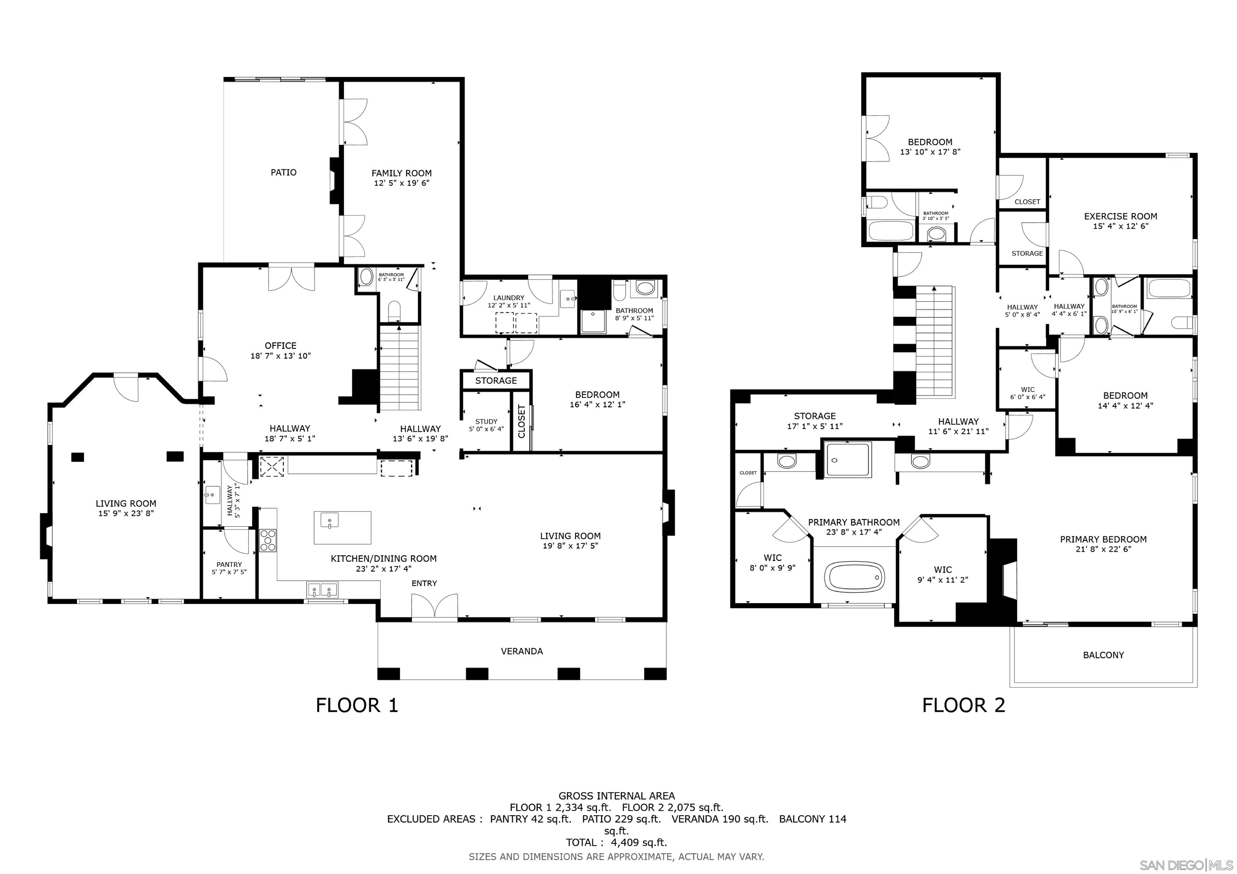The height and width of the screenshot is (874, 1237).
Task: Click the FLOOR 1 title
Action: pos(357,705)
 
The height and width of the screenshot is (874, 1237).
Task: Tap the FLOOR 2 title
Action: pos(963,705)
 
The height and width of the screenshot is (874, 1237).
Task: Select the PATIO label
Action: pos(283,172)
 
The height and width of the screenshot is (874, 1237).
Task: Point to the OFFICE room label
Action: pos(280,350)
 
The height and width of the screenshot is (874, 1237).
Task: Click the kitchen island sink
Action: pos(329,521)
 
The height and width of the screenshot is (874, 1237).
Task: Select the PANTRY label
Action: pos(229,568)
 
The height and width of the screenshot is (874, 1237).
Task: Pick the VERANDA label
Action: pos(521,651)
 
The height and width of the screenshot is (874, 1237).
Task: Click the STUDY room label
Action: pos(486,425)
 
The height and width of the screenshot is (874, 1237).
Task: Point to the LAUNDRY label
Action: pos(509,301)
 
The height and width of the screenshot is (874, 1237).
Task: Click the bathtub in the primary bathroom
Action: pos(856,577)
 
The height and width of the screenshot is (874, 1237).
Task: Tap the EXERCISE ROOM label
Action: pos(1120,221)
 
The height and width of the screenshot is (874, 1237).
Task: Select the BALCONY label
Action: pos(1103,655)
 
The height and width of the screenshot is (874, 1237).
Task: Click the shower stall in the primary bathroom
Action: pos(848,460)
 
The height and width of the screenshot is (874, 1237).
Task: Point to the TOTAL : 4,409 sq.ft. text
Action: pos(616,842)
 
